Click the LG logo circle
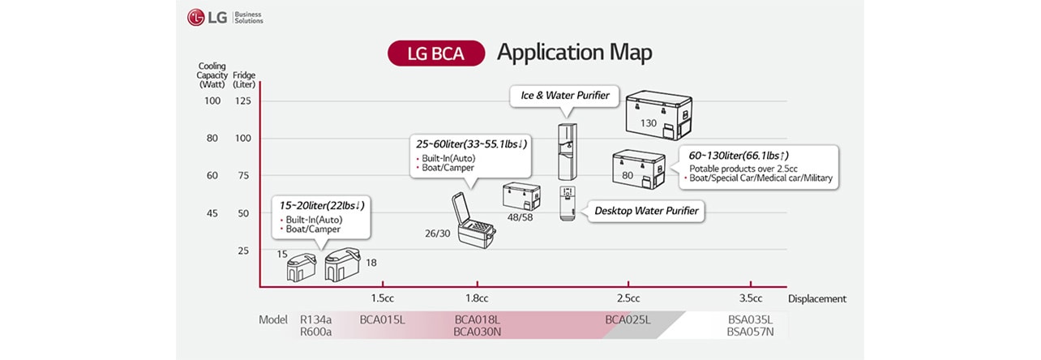(x=196, y=17)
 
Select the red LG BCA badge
(x=436, y=54)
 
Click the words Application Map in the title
(x=574, y=53)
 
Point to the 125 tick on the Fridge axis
(x=243, y=101)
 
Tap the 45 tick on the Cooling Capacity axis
(x=212, y=213)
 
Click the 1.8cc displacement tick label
(x=477, y=298)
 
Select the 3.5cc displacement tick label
(x=751, y=298)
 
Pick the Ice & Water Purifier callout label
(x=564, y=96)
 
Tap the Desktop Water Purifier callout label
(x=645, y=211)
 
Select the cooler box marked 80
(x=638, y=169)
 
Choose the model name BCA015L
(x=382, y=319)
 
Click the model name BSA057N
(x=750, y=332)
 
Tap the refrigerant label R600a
(x=315, y=332)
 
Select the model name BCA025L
(x=628, y=319)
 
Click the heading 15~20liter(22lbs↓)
(x=322, y=206)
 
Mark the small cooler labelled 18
(x=342, y=265)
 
